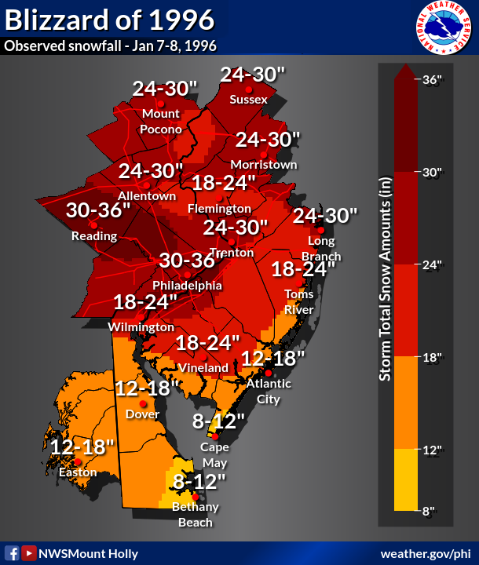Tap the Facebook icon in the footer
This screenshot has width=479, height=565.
pos(12,552)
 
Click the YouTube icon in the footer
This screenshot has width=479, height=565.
pos(28,552)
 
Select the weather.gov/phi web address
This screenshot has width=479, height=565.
pos(425,552)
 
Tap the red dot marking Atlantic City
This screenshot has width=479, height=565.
pos(268,373)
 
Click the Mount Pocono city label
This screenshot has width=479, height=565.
pos(161,122)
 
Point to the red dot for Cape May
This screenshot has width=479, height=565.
pos(214,436)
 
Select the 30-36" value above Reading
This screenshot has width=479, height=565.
pos(98,210)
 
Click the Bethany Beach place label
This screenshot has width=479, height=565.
pos(196,515)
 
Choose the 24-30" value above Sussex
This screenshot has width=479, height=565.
pos(252,75)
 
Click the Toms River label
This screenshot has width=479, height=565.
pos(299,301)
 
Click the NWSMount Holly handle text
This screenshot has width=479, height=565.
pos(87,552)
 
